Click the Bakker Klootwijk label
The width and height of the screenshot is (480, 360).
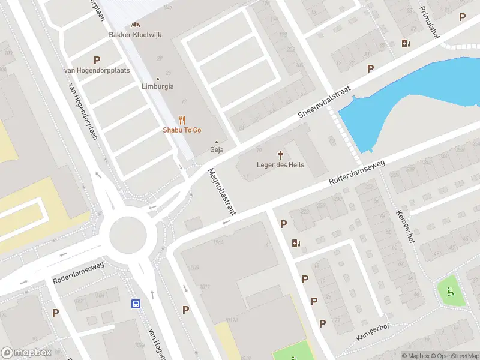pos(136,35)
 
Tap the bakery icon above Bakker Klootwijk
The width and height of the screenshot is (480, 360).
pos(136,25)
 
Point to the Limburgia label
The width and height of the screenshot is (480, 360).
pos(158,86)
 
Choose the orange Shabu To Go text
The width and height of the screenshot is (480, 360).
pos(182,130)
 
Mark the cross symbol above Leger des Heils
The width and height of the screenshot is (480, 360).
pos(280,155)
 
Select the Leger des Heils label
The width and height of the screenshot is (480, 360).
pos(280,165)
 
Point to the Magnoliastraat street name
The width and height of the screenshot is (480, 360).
pos(222,191)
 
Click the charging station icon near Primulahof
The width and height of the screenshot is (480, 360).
pos(406,43)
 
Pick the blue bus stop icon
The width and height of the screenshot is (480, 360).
pos(137,304)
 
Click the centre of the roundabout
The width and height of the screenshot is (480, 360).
pos(128,233)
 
